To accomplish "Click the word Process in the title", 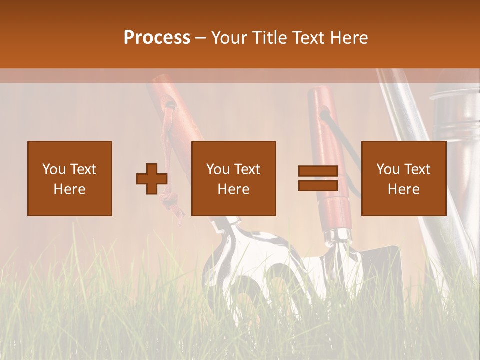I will coord(157,38).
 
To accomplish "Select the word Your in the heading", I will coord(229,38).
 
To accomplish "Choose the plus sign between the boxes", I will coord(152,178).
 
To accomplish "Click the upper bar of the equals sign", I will coord(318,171).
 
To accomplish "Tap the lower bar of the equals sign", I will coord(318,185).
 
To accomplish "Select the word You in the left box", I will coord(53,169).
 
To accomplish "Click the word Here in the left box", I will coord(70,189).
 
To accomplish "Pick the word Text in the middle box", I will coord(247,169).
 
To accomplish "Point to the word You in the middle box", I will coord(217,169).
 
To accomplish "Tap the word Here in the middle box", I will coord(234,189).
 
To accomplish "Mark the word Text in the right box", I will coord(417,169).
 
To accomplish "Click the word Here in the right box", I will coord(404,189).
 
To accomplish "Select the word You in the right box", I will coord(387,169).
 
